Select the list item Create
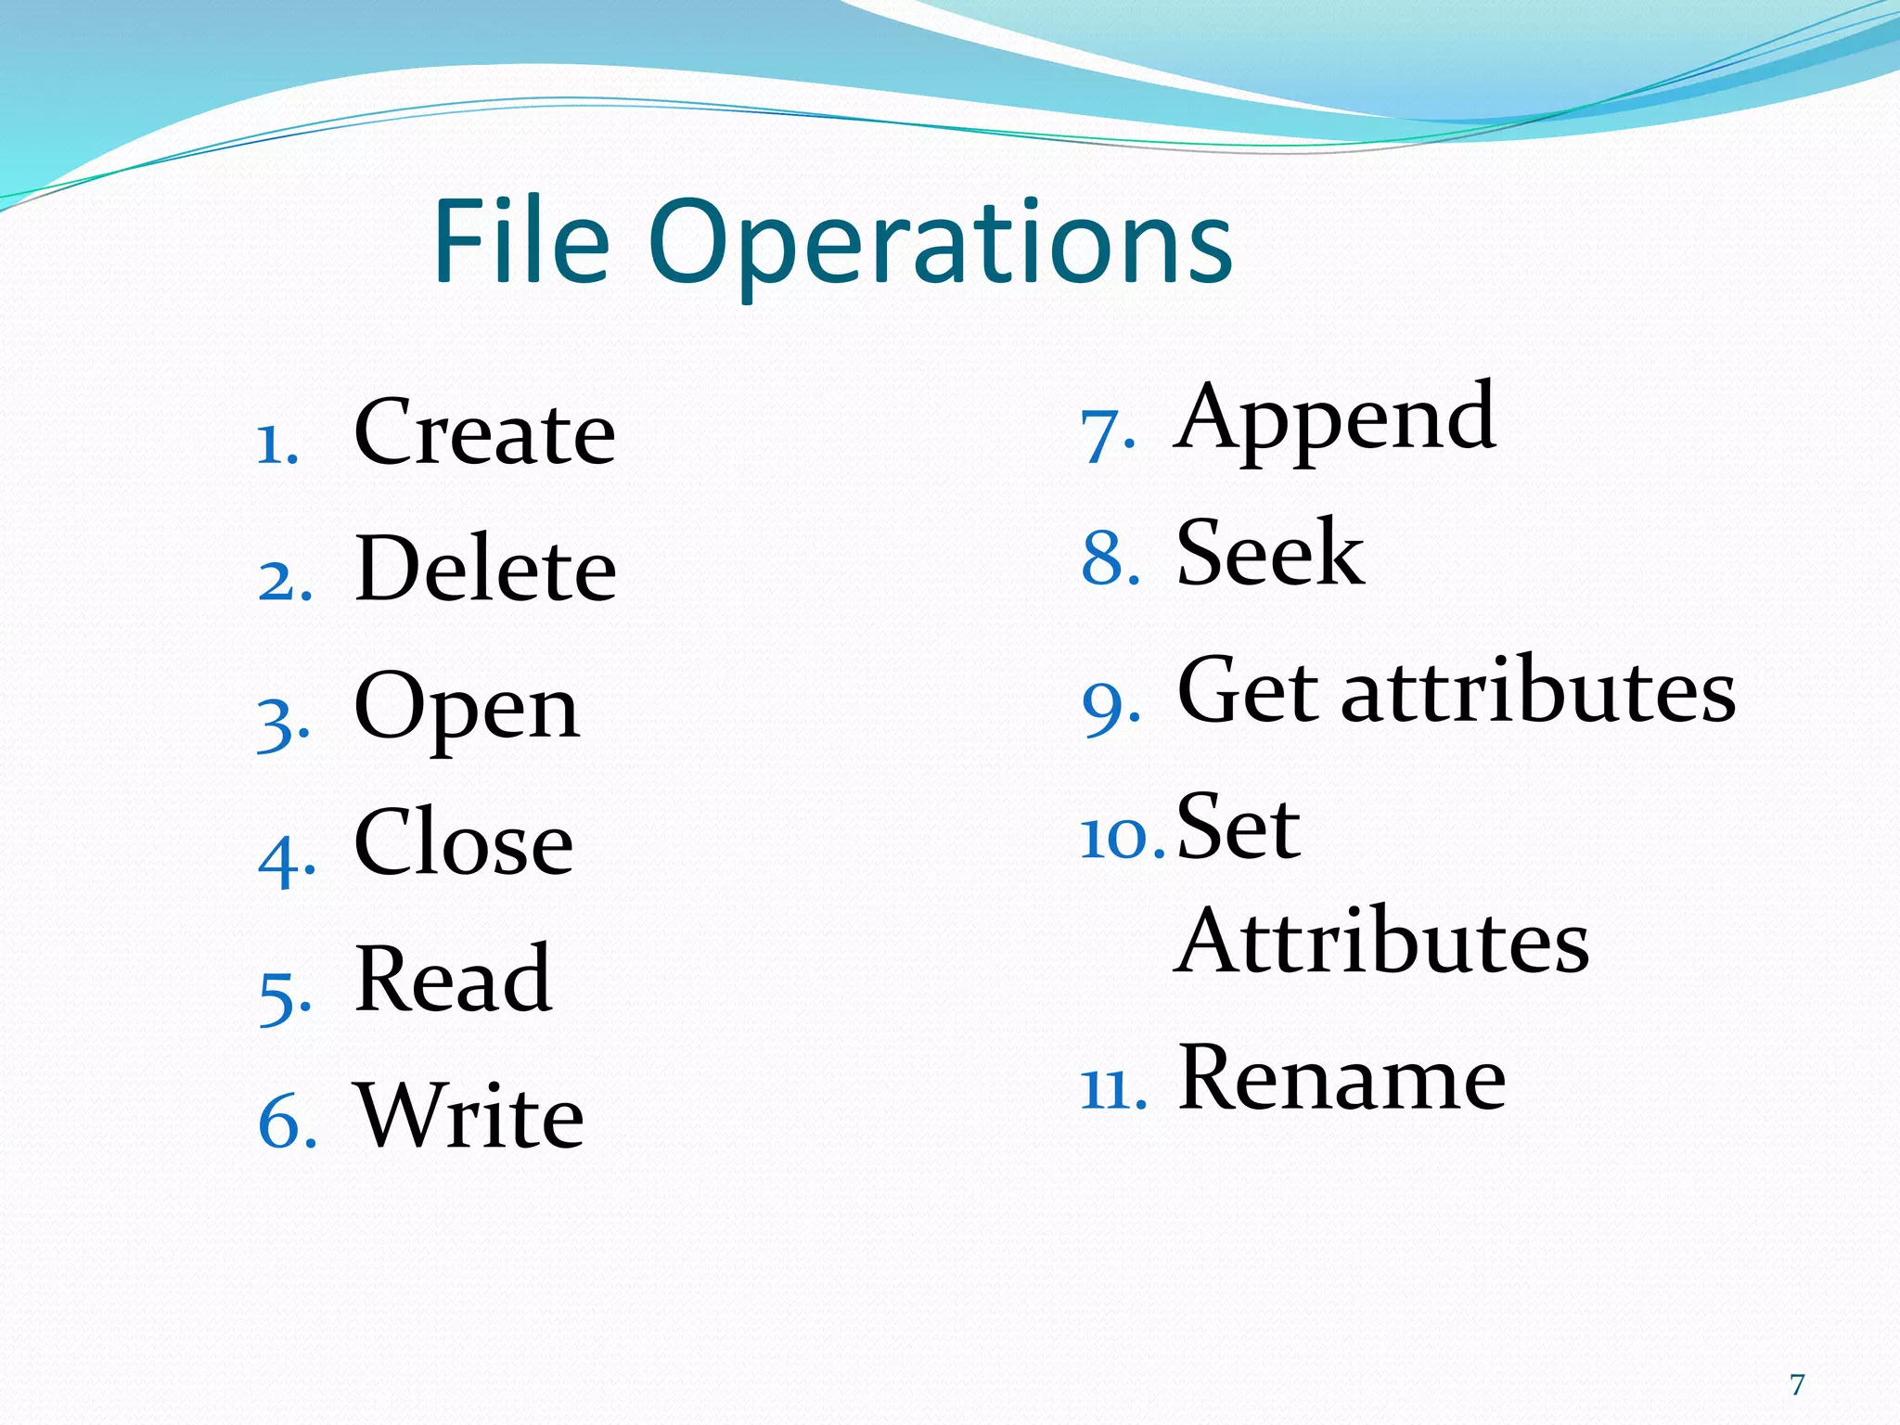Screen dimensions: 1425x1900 click(484, 432)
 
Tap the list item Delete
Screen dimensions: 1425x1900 click(485, 570)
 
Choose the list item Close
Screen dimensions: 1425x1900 click(464, 842)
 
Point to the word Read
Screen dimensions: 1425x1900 click(454, 979)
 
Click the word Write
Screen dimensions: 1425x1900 click(470, 1115)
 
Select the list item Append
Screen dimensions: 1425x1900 click(1335, 419)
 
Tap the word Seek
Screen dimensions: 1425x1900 click(1270, 554)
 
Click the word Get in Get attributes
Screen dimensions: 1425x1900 click(1248, 690)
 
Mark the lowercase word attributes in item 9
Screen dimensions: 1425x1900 click(1538, 692)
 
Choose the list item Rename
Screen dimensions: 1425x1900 click(1342, 1078)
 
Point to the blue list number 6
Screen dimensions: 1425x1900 click(287, 1123)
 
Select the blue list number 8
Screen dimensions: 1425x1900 click(1110, 560)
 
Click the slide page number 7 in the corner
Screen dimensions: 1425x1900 click(1797, 1385)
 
